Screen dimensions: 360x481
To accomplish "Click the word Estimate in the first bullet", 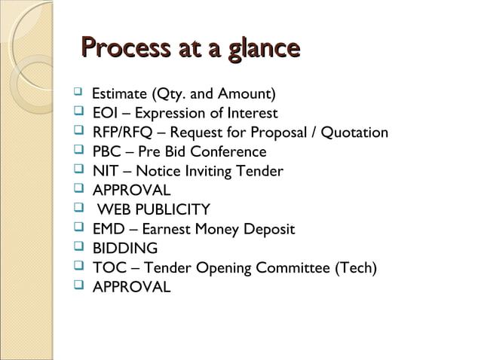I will point(120,95).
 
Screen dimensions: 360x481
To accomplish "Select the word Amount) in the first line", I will point(248,95).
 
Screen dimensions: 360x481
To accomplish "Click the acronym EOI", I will point(106,114).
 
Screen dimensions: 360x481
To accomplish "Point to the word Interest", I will point(250,114).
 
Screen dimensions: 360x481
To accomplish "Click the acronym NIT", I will point(105,172).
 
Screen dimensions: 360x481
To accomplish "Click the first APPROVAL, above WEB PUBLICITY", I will point(131,191).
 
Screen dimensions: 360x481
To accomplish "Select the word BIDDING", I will point(125,249).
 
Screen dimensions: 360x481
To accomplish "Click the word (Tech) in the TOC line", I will point(356,268).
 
